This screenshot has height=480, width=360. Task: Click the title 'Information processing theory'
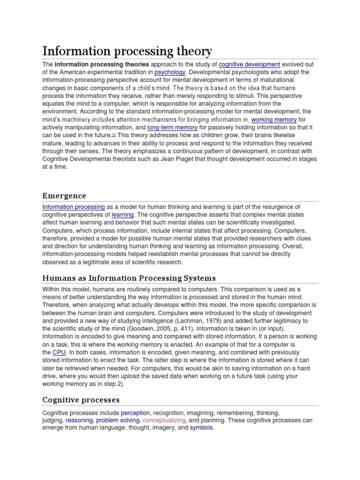tap(127, 51)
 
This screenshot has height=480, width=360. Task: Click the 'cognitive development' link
tap(249, 64)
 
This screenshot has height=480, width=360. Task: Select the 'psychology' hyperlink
tap(170, 72)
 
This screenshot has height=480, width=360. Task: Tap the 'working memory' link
tap(274, 120)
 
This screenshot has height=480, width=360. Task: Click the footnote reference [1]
tap(113, 135)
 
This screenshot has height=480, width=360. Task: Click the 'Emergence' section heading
tap(64, 195)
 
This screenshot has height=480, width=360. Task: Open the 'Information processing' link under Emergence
tap(74, 207)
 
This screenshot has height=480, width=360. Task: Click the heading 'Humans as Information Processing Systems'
tap(129, 278)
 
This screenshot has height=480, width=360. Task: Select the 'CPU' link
tap(59, 352)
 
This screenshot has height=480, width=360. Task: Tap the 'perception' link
tap(135, 413)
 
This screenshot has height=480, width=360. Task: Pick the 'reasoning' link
tap(79, 420)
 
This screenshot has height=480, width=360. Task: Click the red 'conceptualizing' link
tap(164, 420)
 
